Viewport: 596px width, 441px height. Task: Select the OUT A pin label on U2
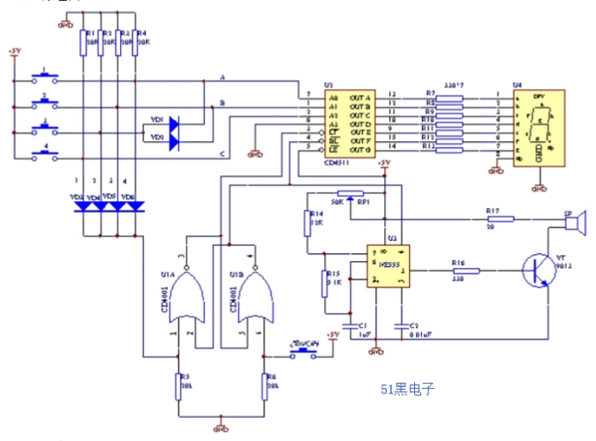click(361, 95)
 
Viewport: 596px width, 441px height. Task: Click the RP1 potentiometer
click(351, 193)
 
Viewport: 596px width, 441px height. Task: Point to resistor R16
click(467, 271)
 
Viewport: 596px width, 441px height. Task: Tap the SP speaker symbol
click(575, 225)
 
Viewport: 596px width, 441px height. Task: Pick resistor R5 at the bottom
click(179, 386)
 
